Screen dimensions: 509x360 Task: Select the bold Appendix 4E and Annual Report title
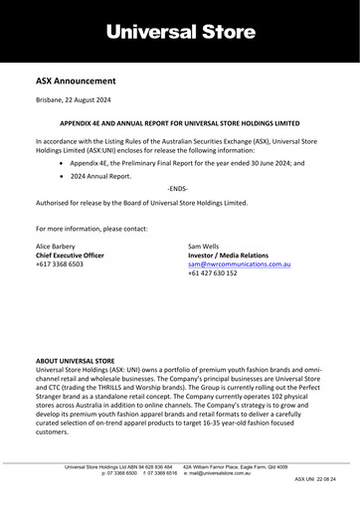[180, 128]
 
